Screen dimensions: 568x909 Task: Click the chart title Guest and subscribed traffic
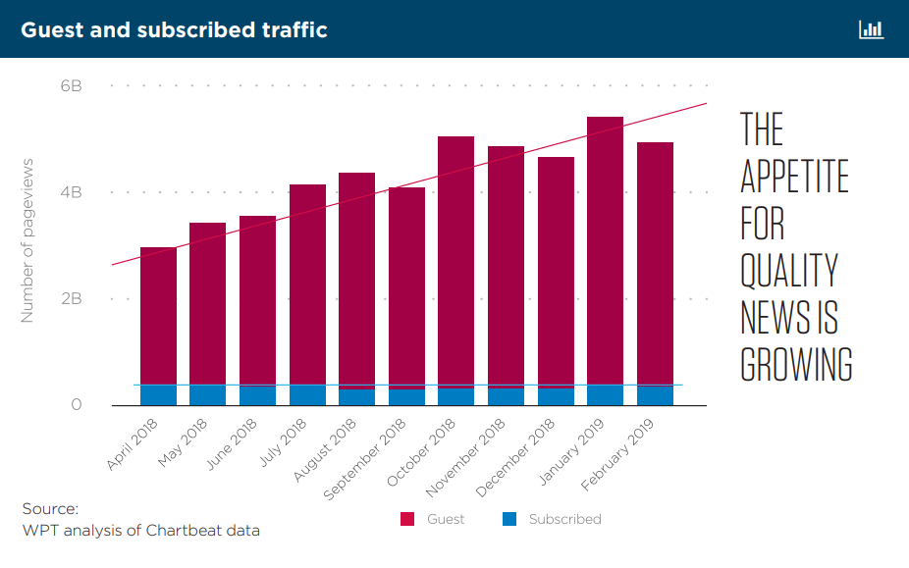(x=174, y=29)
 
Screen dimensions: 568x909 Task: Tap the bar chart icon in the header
(x=871, y=29)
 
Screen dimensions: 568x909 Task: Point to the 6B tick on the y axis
(x=71, y=86)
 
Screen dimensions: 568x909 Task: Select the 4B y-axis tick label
(x=71, y=192)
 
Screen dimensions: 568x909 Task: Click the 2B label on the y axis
(x=71, y=298)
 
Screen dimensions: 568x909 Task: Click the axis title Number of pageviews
(x=27, y=240)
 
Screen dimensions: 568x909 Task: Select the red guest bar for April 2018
(x=158, y=314)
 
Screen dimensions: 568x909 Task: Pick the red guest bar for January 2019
(x=605, y=250)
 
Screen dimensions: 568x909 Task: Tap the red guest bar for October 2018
(x=455, y=260)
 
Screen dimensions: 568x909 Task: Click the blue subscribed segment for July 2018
(x=307, y=395)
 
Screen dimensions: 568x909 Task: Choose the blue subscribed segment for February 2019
(x=655, y=395)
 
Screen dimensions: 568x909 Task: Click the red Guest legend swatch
(x=407, y=519)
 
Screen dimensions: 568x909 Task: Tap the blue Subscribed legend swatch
(x=509, y=519)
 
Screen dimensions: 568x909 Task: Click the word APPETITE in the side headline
(x=793, y=177)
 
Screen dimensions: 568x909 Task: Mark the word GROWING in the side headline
(x=795, y=364)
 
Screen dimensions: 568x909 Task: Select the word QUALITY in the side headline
(x=789, y=271)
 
